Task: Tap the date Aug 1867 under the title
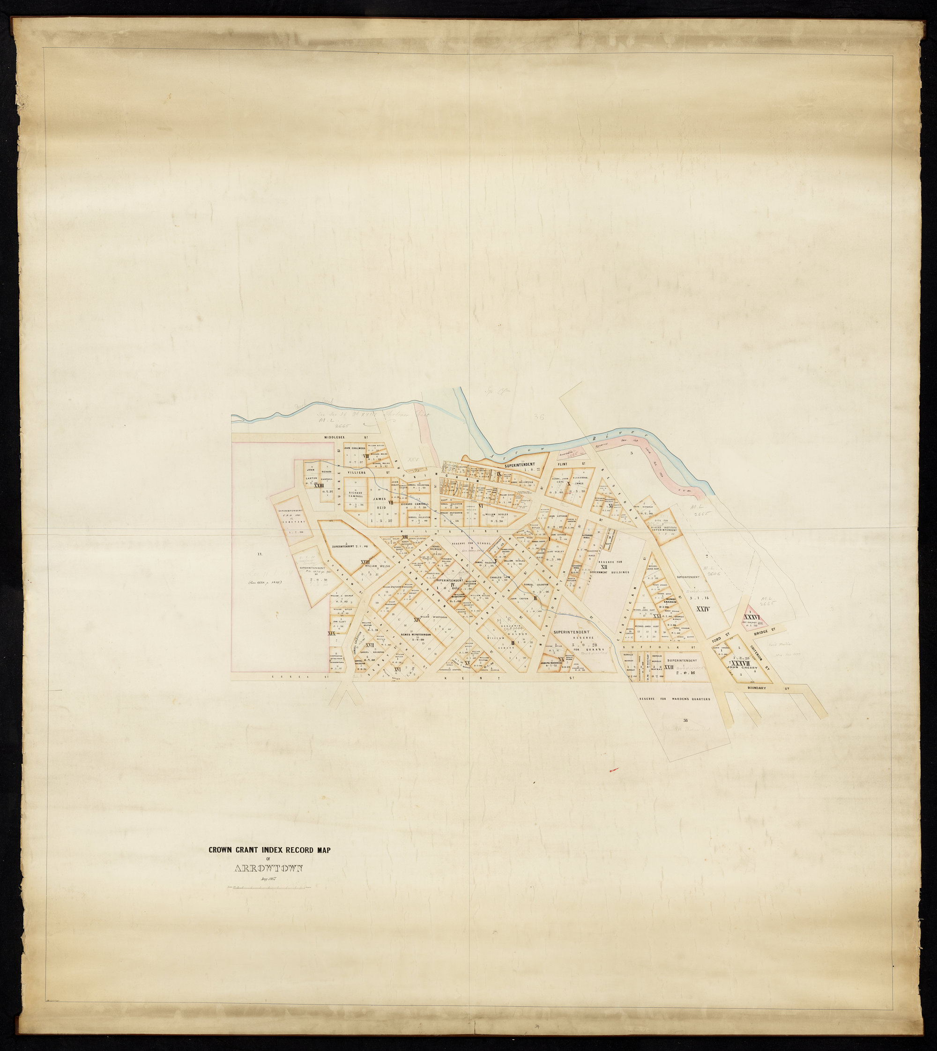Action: click(269, 879)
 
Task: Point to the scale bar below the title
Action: click(269, 887)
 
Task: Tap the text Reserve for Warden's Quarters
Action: click(675, 699)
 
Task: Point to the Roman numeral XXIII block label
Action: click(319, 485)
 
